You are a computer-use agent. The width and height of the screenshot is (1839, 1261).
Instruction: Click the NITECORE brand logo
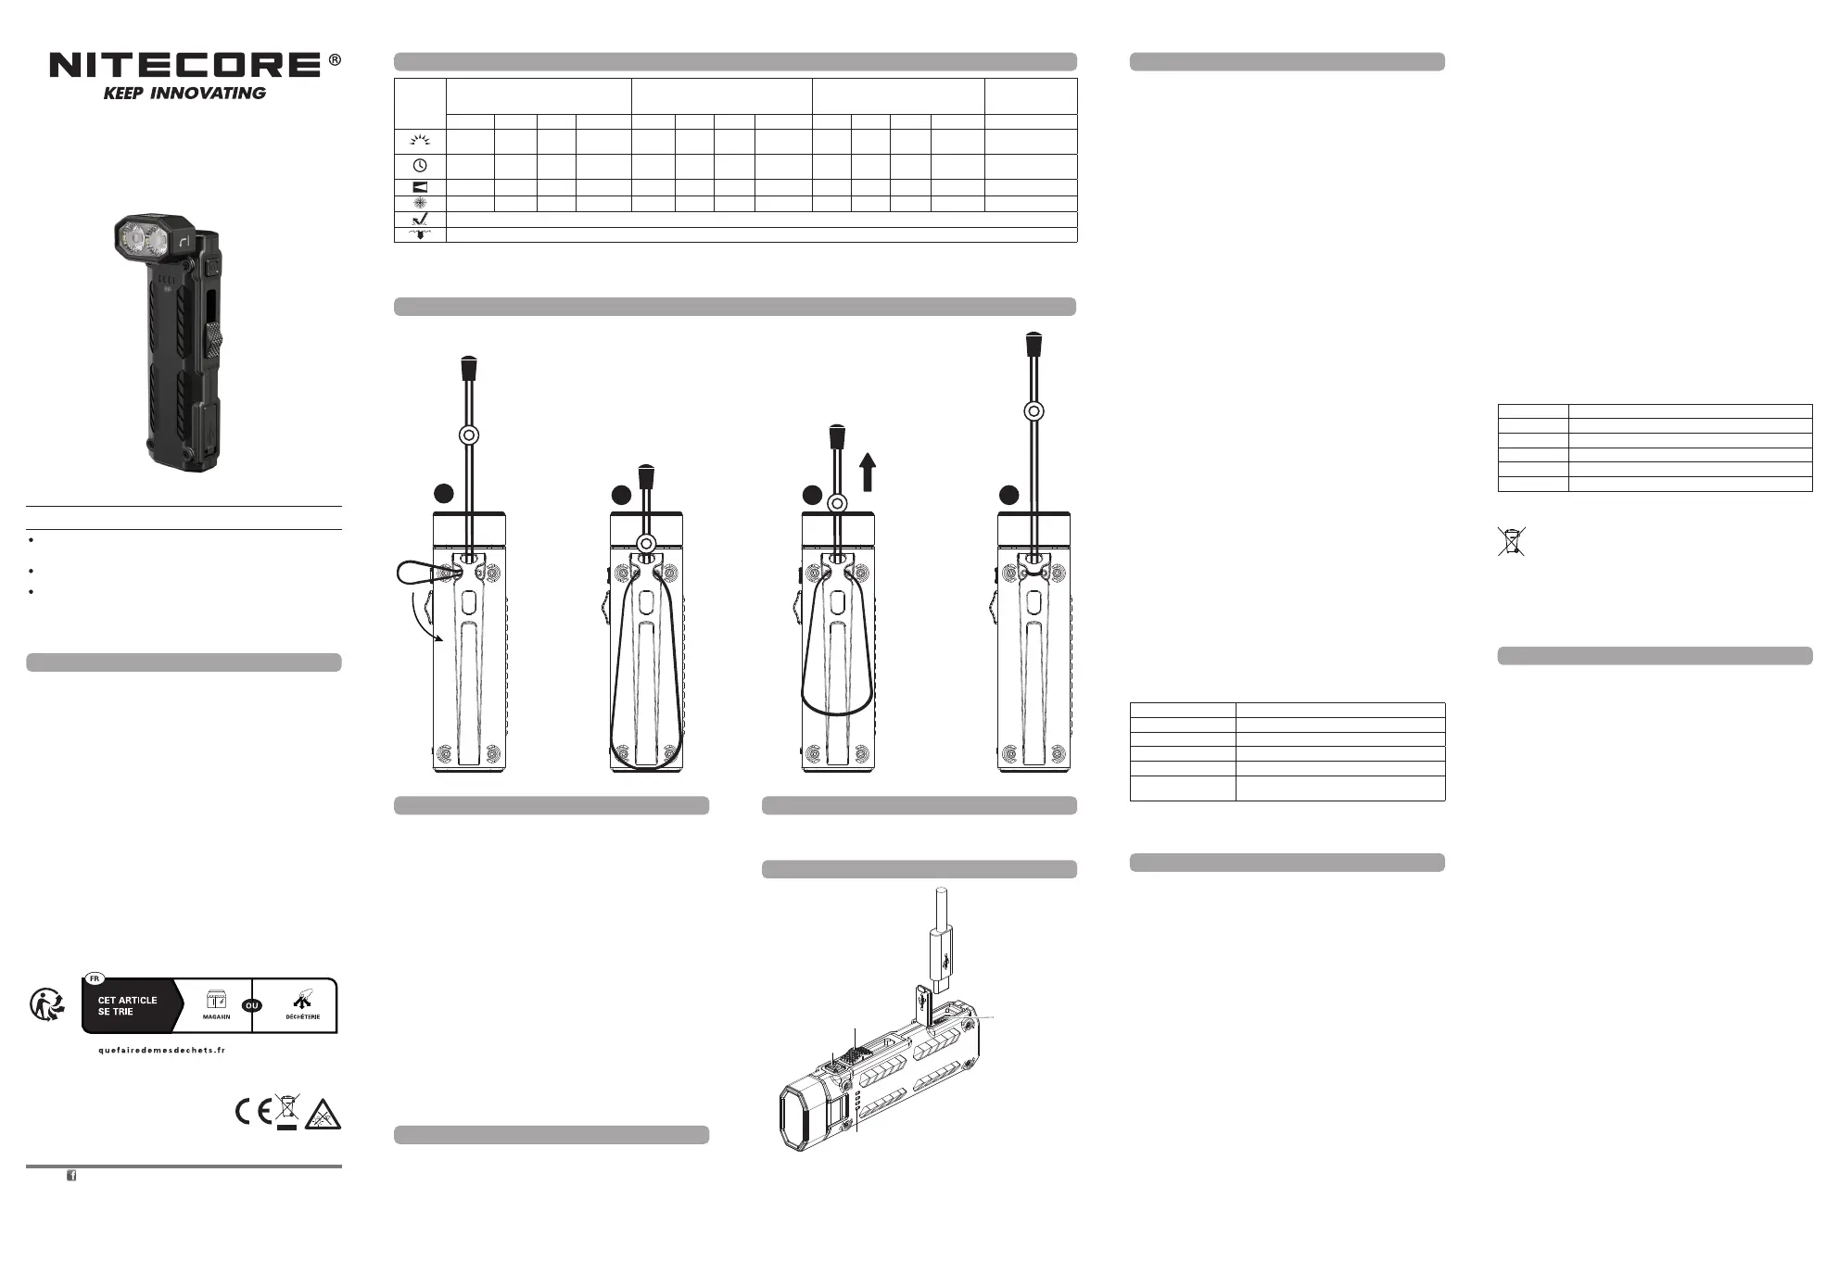(184, 65)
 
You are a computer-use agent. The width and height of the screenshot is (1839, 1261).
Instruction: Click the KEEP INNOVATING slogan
(184, 94)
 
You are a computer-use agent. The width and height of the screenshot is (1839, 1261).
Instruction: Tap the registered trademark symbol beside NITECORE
(335, 60)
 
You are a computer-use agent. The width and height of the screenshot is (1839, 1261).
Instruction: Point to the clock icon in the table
(420, 166)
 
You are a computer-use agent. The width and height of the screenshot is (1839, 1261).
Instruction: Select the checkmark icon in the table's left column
(420, 220)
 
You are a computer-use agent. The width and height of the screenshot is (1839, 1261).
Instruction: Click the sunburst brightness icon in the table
(420, 141)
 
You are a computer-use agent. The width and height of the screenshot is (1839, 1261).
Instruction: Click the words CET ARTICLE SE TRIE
(127, 1006)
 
